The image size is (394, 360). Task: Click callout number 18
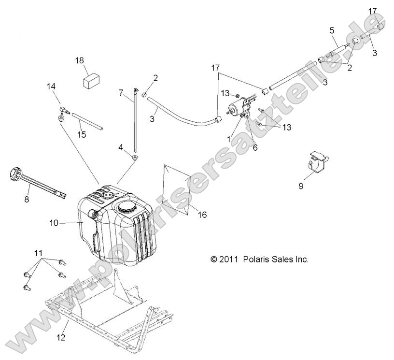79,60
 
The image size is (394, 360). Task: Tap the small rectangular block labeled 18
90,80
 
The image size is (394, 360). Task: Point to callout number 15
82,134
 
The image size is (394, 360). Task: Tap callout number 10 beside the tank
53,223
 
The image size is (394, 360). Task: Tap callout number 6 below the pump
254,147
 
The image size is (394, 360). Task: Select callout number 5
332,30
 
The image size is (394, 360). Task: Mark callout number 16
202,215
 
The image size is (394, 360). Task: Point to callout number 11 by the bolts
38,253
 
